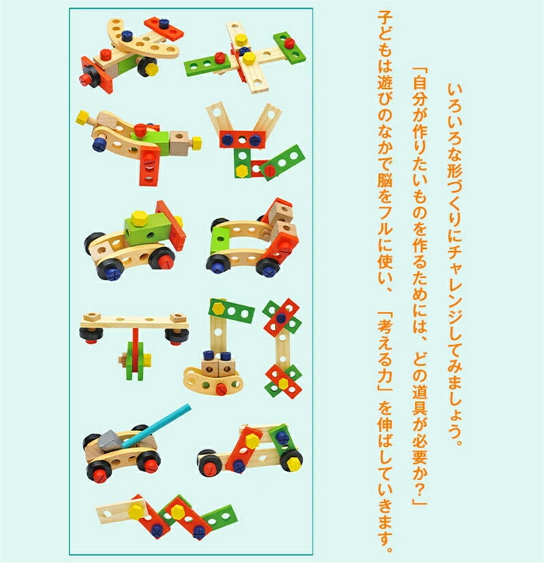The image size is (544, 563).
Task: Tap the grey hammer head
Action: [x=109, y=440]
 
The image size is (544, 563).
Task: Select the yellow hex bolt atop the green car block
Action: [x=138, y=217]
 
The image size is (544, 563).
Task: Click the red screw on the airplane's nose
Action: [x=85, y=78]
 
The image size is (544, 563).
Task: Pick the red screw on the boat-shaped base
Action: [x=220, y=388]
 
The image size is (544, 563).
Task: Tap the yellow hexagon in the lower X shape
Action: [x=284, y=383]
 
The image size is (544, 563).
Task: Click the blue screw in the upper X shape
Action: [x=281, y=317]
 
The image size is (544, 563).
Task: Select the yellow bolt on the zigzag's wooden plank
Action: [x=136, y=511]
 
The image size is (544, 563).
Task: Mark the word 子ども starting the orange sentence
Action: [x=386, y=33]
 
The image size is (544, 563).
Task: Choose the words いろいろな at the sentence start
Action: [x=455, y=123]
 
